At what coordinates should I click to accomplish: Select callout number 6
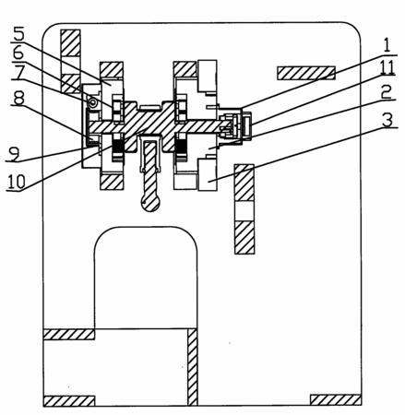18,53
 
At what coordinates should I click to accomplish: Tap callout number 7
19,72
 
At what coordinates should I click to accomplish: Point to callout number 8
18,99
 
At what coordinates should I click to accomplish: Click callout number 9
14,153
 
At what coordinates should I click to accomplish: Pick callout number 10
16,182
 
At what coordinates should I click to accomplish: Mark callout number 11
387,67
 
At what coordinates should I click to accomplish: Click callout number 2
387,91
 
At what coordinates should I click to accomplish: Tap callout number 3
387,120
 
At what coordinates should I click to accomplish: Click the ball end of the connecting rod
150,203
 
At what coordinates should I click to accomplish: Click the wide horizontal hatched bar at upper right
306,73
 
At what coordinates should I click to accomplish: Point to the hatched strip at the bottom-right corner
335,399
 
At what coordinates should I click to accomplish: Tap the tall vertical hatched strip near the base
193,367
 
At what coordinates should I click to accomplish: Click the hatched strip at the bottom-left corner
69,400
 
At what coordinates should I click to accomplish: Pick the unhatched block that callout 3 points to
208,174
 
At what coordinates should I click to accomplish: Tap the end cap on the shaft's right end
247,125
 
